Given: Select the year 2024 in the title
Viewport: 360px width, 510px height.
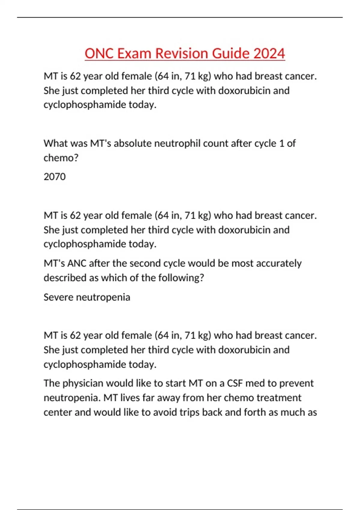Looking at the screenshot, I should click(x=269, y=54).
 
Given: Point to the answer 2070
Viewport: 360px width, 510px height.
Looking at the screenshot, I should click(x=55, y=177).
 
